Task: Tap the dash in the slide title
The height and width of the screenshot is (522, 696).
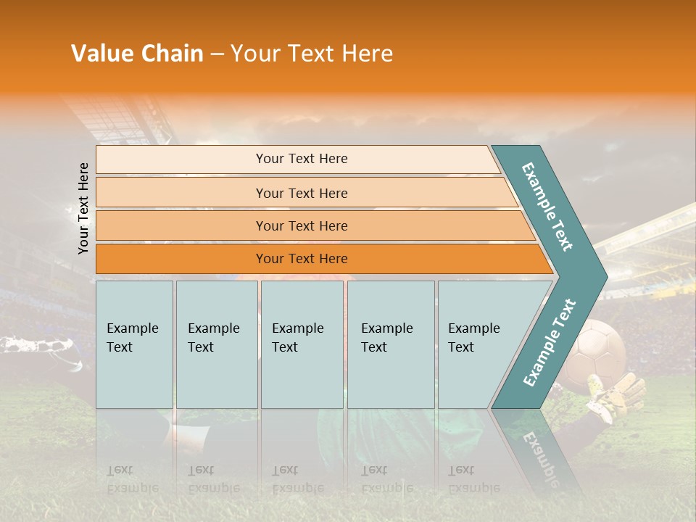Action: [217, 54]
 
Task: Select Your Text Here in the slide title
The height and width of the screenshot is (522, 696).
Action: [312, 54]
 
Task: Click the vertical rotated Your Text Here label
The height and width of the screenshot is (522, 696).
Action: [83, 208]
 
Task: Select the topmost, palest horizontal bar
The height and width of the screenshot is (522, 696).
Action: [301, 159]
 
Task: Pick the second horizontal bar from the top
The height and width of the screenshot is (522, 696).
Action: [301, 193]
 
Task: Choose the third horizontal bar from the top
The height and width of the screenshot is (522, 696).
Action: [301, 225]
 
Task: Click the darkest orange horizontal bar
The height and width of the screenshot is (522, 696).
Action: [301, 259]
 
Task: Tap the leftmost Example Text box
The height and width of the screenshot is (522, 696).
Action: [134, 344]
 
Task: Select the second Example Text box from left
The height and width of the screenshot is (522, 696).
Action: [216, 344]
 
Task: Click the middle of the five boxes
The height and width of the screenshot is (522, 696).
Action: [302, 344]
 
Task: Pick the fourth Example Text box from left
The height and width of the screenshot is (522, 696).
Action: [390, 344]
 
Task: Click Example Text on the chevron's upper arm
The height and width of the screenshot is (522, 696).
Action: [548, 207]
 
